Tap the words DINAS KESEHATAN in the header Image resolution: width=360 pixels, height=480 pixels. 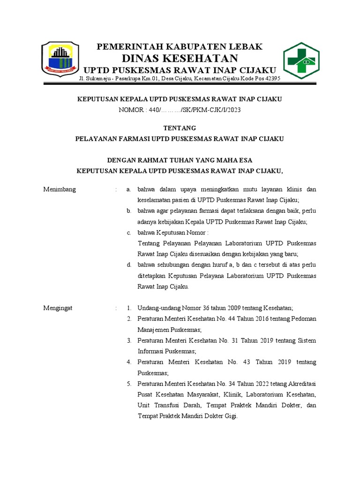point(180,58)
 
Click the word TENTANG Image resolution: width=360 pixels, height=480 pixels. point(180,128)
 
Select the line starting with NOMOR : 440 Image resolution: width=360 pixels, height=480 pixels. point(180,110)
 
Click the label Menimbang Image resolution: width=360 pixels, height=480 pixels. point(60,190)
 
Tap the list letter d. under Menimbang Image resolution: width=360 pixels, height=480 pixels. point(128,265)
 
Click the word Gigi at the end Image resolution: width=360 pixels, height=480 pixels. point(231,416)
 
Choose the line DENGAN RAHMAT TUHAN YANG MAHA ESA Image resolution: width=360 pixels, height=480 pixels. point(180,160)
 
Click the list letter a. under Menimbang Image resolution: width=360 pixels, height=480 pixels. point(128,190)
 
